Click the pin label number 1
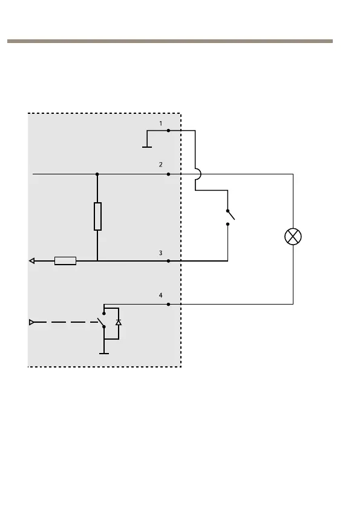pyautogui.click(x=160, y=124)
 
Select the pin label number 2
pyautogui.click(x=160, y=165)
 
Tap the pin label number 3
pyautogui.click(x=160, y=252)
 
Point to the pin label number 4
pyautogui.click(x=160, y=295)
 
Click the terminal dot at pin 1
pyautogui.click(x=168, y=131)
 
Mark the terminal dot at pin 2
pyautogui.click(x=168, y=174)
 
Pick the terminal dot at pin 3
pyautogui.click(x=168, y=261)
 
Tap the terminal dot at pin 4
pyautogui.click(x=168, y=304)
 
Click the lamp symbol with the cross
pyautogui.click(x=293, y=237)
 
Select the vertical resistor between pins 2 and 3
pyautogui.click(x=97, y=216)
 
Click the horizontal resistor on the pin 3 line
pyautogui.click(x=65, y=261)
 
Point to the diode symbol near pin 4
pyautogui.click(x=119, y=322)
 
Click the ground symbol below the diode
pyautogui.click(x=104, y=354)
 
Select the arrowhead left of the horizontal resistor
pyautogui.click(x=31, y=261)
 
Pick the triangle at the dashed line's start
pyautogui.click(x=31, y=322)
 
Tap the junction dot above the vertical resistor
pyautogui.click(x=97, y=174)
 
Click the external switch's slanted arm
pyautogui.click(x=231, y=215)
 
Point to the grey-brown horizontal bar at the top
pyautogui.click(x=170, y=41)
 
